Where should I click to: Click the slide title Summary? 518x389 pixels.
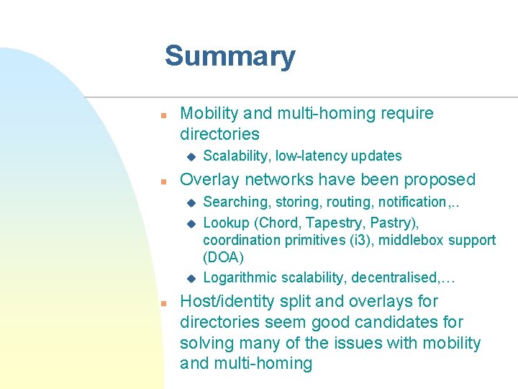point(230,56)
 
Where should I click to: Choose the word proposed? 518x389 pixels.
point(440,179)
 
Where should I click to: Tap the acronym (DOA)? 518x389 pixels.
point(224,257)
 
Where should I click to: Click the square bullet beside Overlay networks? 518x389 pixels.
point(164,180)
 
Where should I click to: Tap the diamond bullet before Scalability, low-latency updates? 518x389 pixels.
point(191,156)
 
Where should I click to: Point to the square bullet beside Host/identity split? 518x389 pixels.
point(164,303)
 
